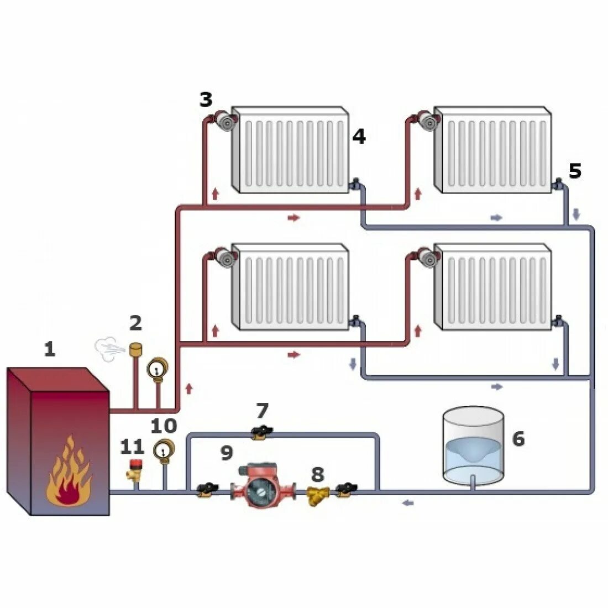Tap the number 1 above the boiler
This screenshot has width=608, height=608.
coord(50,349)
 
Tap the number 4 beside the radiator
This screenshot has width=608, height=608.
coord(359,136)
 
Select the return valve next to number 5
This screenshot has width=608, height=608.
coord(559,184)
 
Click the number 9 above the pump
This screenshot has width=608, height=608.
coord(227,453)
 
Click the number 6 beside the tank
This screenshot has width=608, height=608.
coord(518,439)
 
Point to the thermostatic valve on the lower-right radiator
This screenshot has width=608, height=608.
coord(427,256)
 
